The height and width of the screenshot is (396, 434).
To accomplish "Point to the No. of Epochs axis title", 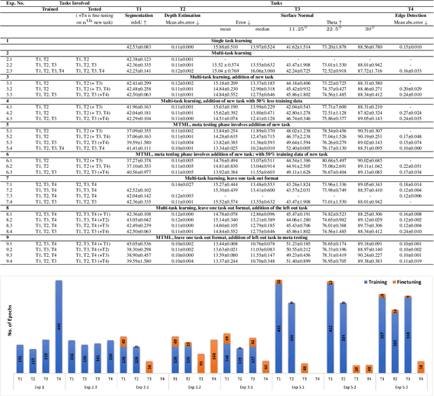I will pyautogui.click(x=7, y=331).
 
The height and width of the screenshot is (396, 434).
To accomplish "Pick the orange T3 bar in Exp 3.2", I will pyautogui.click(x=199, y=359).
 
